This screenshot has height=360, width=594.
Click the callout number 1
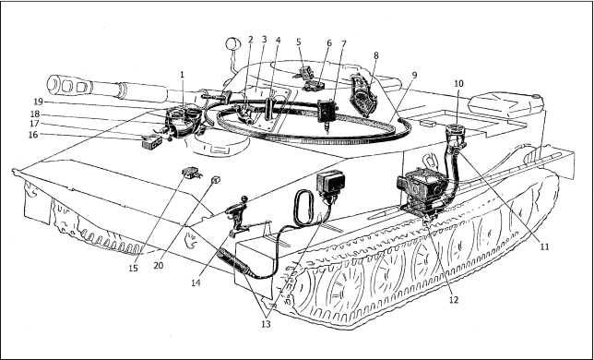coord(183,75)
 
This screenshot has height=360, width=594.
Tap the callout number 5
coord(299,42)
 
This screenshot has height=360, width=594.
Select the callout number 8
coord(375,55)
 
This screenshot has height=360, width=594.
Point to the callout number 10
coord(458,83)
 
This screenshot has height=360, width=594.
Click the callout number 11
coord(544,246)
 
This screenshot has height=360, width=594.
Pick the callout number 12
coord(454,299)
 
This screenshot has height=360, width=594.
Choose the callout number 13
coord(266,324)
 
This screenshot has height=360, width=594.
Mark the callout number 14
coord(196,282)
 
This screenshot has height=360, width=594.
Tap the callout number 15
coord(133,268)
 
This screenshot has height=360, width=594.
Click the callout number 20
coord(159,266)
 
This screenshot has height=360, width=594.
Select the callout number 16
coord(33,135)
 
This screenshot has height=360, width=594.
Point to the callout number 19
coord(39,102)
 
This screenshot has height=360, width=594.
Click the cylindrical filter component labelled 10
coord(457,135)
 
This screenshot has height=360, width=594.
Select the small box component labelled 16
coord(151,141)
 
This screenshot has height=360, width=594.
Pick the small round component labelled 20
coord(216,180)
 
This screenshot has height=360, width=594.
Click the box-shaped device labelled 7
coord(327,113)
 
